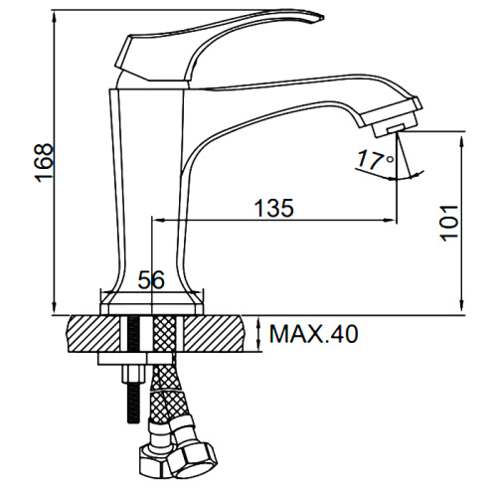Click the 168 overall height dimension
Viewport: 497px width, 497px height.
[x=44, y=163]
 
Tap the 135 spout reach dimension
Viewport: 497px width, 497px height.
[x=274, y=209]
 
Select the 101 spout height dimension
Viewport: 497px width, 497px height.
[x=448, y=223]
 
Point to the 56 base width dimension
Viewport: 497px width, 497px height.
[x=151, y=279]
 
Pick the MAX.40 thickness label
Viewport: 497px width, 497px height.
[x=313, y=333]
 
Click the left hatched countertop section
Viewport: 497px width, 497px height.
[x=94, y=334]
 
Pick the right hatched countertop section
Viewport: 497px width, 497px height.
[x=213, y=334]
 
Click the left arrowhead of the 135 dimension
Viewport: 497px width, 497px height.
[x=158, y=220]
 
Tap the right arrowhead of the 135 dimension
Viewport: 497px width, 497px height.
[x=390, y=220]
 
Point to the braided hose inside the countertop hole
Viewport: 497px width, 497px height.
[x=164, y=334]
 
